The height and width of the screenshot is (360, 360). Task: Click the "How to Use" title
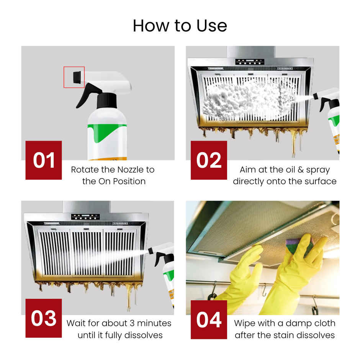pyautogui.click(x=180, y=26)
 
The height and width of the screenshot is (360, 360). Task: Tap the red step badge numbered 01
pyautogui.click(x=44, y=160)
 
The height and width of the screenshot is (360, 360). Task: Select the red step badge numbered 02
pyautogui.click(x=209, y=160)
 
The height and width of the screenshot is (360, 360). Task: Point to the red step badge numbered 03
pyautogui.click(x=44, y=318)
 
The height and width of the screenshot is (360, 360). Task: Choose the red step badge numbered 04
pyautogui.click(x=209, y=319)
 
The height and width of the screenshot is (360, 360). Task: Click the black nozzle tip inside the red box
pyautogui.click(x=77, y=77)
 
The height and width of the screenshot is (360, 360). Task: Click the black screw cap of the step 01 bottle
pyautogui.click(x=106, y=101)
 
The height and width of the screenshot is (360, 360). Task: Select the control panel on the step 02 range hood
pyautogui.click(x=250, y=62)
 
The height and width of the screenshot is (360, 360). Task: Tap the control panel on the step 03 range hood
pyautogui.click(x=85, y=216)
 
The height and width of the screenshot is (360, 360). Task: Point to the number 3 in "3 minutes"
pyautogui.click(x=132, y=323)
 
